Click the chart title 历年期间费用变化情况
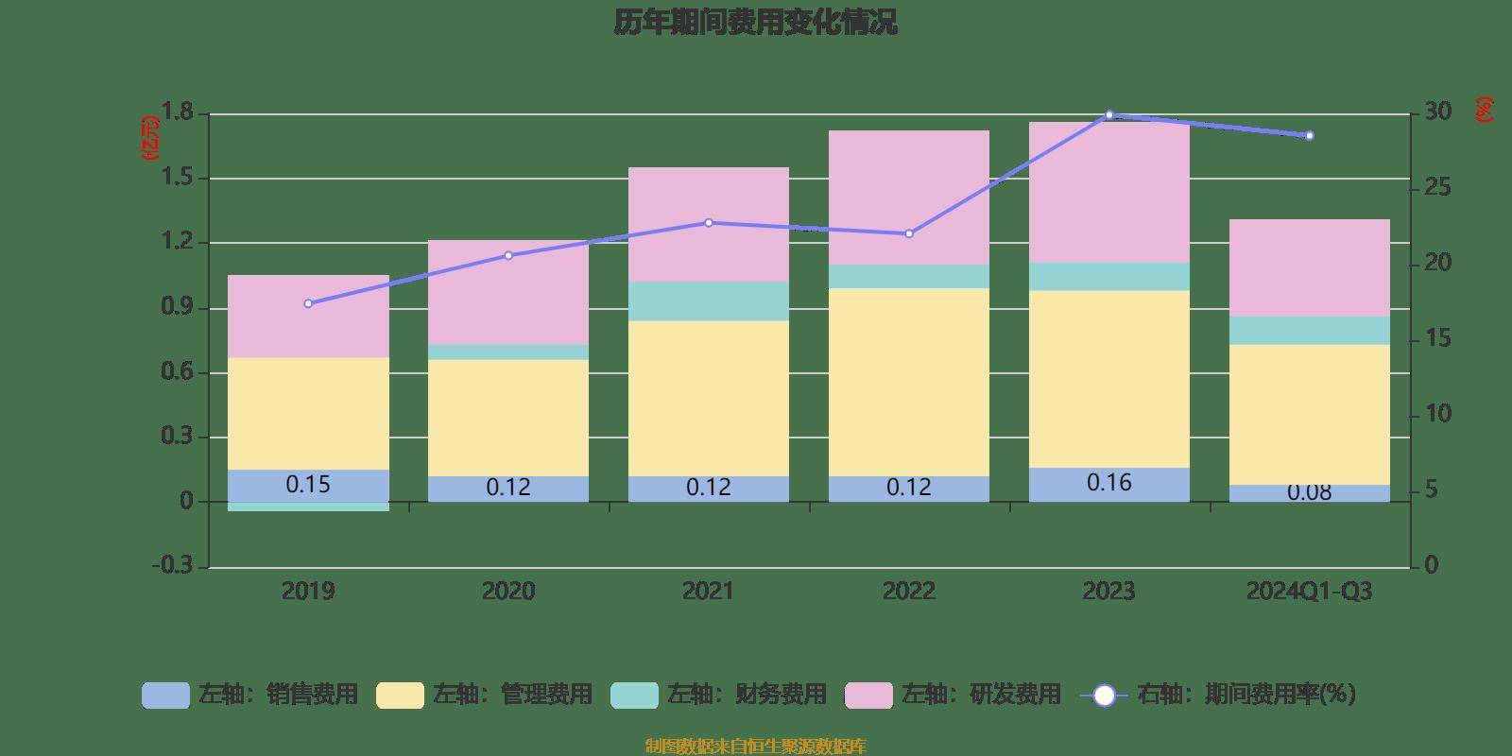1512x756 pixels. (755, 23)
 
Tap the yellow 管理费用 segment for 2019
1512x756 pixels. (308, 413)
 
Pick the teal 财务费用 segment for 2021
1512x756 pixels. (709, 301)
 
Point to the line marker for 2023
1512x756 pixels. (1109, 115)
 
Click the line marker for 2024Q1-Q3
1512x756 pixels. (1309, 136)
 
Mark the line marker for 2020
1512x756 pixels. (508, 255)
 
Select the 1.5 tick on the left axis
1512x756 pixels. (178, 178)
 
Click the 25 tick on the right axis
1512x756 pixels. (1437, 188)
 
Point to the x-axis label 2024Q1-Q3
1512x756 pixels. (1309, 592)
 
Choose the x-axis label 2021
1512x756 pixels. (708, 592)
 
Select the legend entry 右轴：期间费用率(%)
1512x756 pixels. (1219, 695)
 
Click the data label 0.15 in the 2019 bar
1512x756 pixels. (308, 485)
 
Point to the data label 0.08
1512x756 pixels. (1309, 492)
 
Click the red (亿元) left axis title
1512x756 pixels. (150, 138)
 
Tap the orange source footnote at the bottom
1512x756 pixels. (755, 747)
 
